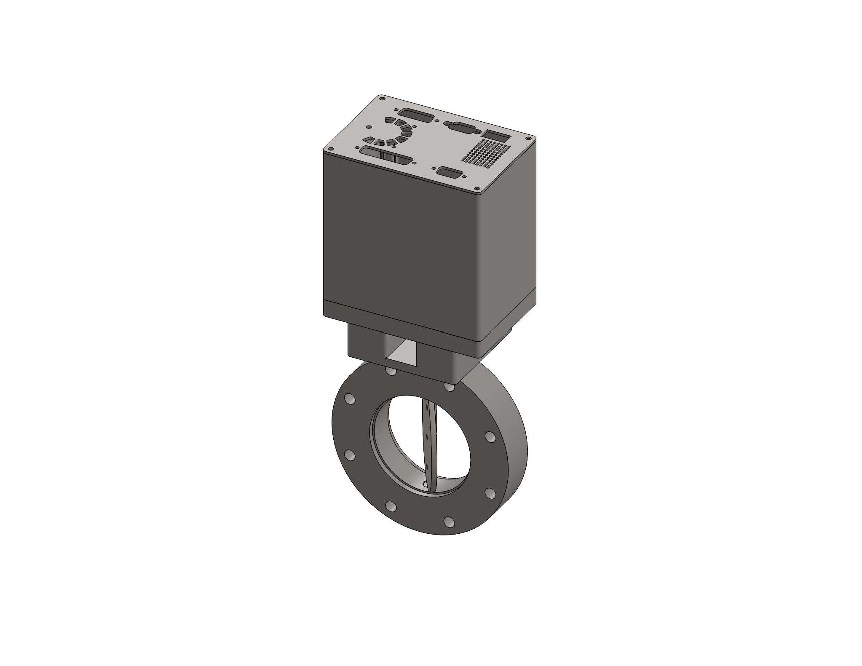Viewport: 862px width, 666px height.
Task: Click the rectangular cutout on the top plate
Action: tap(496, 136)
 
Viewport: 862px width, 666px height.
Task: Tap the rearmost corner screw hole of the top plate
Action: tap(382, 99)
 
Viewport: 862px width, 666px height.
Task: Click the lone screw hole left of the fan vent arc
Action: tap(369, 126)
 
